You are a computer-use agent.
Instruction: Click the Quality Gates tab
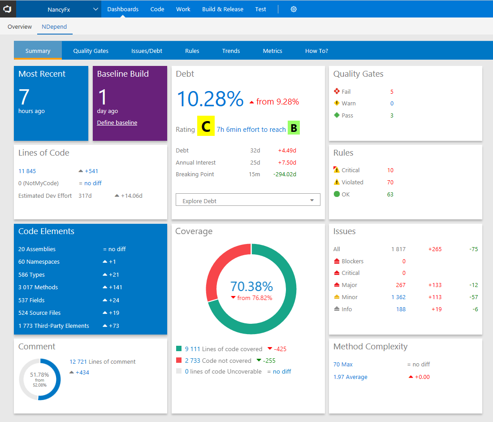point(91,51)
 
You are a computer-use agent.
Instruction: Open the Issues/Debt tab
point(147,51)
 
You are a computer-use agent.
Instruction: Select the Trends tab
point(231,51)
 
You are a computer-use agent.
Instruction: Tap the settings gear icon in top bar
point(294,9)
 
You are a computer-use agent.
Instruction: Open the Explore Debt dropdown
point(248,200)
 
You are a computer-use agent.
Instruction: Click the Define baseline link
point(117,122)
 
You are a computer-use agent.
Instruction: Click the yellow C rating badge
point(206,127)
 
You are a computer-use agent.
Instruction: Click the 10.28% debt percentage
point(210,99)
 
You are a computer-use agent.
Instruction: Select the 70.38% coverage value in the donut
point(251,287)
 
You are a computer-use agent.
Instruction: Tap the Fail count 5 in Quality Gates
point(392,91)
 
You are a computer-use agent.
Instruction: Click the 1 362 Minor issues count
point(398,297)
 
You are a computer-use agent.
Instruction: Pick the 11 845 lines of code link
point(27,171)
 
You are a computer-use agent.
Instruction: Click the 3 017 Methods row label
point(38,287)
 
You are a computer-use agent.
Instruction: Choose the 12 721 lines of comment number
point(78,361)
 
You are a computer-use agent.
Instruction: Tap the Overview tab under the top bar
point(20,26)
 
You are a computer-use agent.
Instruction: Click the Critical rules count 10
point(390,170)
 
